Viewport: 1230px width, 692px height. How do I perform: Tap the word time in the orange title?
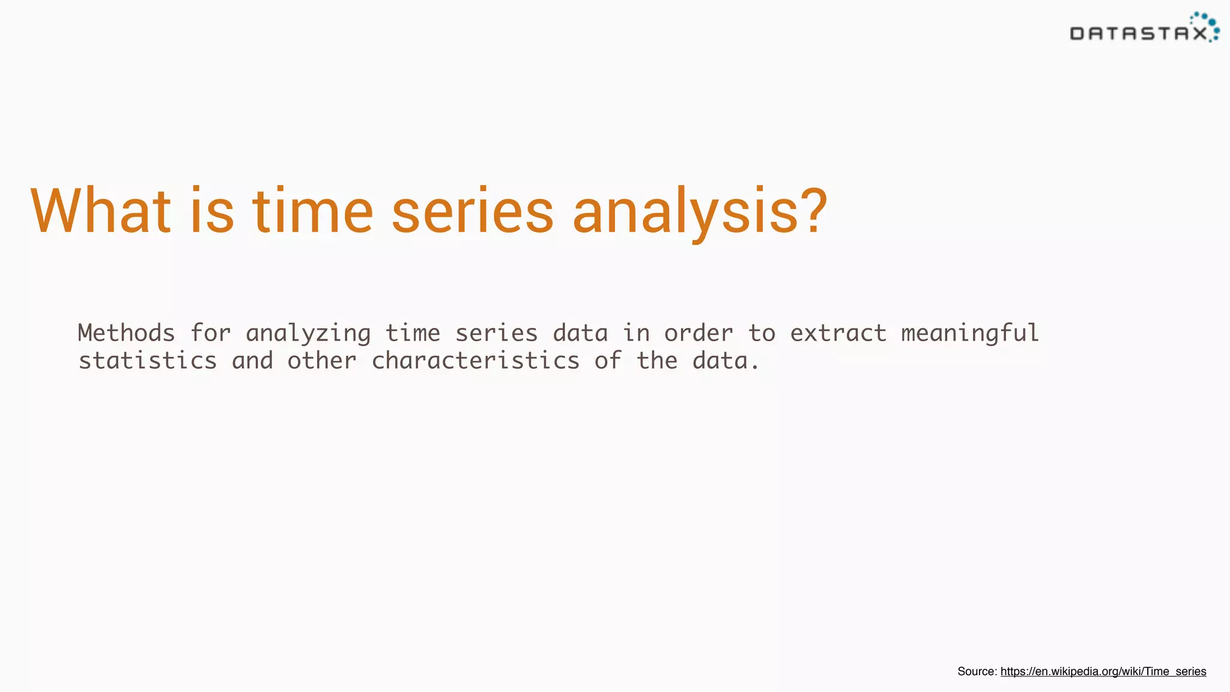click(312, 211)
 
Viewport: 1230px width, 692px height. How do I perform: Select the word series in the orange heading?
click(472, 211)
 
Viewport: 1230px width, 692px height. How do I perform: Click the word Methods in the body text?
click(126, 333)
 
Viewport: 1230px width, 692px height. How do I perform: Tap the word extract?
click(838, 333)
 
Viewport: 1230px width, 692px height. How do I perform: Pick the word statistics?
click(148, 361)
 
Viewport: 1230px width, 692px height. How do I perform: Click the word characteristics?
click(475, 361)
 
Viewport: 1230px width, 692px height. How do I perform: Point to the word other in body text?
click(322, 361)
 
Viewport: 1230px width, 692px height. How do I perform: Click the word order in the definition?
click(698, 333)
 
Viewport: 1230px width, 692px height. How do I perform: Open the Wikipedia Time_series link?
click(1103, 672)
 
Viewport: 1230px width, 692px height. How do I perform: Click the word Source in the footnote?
click(977, 672)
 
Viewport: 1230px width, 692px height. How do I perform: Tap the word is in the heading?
click(211, 211)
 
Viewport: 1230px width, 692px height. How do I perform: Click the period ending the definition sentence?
click(755, 367)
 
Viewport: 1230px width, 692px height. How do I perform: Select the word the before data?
click(657, 361)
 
